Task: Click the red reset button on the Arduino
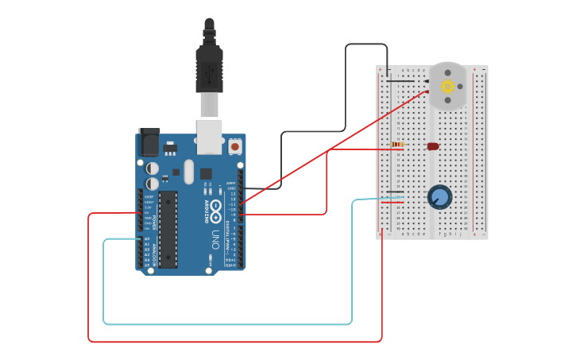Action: point(235,147)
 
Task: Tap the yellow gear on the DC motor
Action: point(447,87)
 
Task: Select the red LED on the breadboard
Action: point(433,146)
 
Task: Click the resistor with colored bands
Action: point(397,145)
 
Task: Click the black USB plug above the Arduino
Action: point(209,70)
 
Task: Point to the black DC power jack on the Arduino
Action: point(149,142)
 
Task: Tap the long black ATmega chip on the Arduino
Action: point(168,229)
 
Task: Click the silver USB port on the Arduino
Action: point(210,136)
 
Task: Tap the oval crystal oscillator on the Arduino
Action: point(188,171)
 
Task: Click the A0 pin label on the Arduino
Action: point(146,238)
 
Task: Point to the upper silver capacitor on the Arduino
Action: point(152,168)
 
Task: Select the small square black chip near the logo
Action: point(206,173)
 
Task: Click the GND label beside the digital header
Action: point(232,188)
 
